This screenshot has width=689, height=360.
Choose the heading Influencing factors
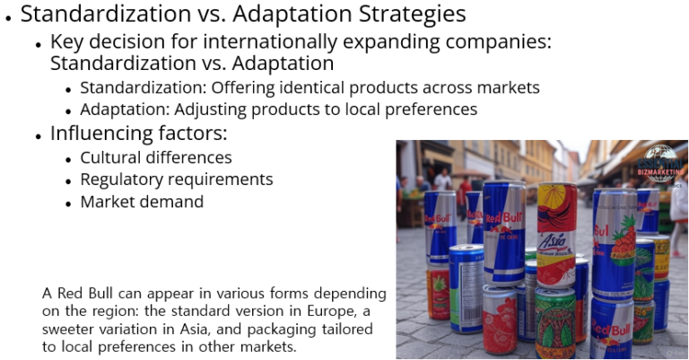click(139, 134)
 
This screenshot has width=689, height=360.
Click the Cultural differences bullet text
click(156, 157)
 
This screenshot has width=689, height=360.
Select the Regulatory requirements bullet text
click(177, 180)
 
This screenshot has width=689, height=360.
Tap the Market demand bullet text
click(142, 202)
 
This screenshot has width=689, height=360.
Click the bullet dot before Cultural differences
click(69, 159)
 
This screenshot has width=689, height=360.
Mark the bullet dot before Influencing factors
click(39, 136)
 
